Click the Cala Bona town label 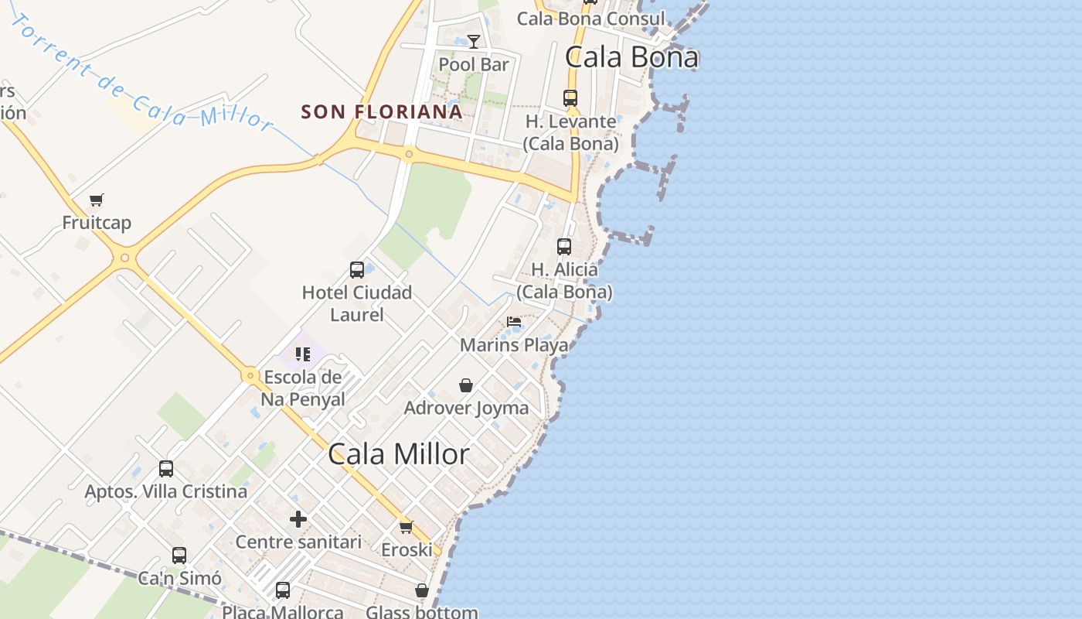(x=631, y=57)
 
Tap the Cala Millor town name (x=398, y=453)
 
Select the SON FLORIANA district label (x=382, y=112)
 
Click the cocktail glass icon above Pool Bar (x=474, y=42)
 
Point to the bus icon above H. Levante (x=570, y=98)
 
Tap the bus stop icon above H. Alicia (x=564, y=247)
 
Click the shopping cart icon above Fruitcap (x=97, y=200)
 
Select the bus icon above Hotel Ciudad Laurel (x=357, y=270)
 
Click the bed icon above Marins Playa (x=514, y=322)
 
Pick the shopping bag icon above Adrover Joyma (x=466, y=385)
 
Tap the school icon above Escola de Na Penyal (x=302, y=354)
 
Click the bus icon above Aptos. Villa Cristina (x=166, y=469)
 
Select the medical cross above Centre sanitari (x=298, y=519)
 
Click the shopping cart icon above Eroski (x=407, y=528)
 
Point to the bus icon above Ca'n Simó (x=179, y=556)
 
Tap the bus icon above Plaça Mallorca (x=283, y=590)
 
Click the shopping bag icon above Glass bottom (x=422, y=591)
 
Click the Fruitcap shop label (x=97, y=223)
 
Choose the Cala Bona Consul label (x=590, y=19)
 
